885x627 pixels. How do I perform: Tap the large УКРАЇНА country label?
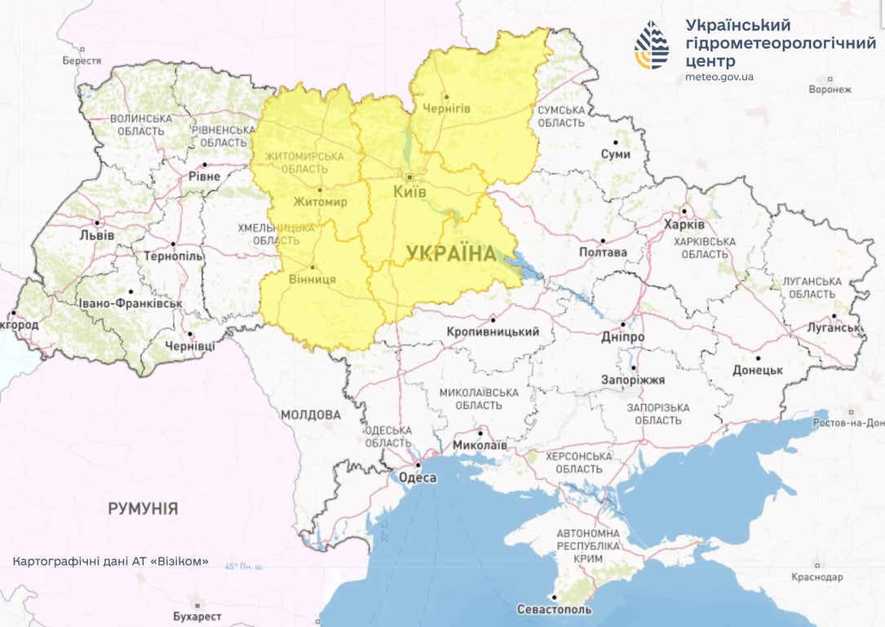point(451,254)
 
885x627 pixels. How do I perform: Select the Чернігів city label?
point(446,109)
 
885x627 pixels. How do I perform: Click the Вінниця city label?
point(312,279)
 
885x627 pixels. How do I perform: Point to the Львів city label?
point(97,235)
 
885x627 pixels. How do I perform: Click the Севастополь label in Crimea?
point(554,609)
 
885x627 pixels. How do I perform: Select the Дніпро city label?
point(622,337)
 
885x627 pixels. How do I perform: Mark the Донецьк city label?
point(757,370)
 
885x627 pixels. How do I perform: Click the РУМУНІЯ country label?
point(143,509)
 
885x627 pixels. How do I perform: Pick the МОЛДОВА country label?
point(311,415)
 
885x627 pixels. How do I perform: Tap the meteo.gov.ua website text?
point(719,78)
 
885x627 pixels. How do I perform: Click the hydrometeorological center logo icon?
point(652,45)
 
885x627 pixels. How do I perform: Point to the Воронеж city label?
point(830,89)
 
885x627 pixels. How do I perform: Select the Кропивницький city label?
point(493,331)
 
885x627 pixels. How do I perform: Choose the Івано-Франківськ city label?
point(130,304)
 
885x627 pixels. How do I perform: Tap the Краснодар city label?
point(816,576)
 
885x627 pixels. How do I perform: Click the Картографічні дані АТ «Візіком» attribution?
point(111,562)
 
